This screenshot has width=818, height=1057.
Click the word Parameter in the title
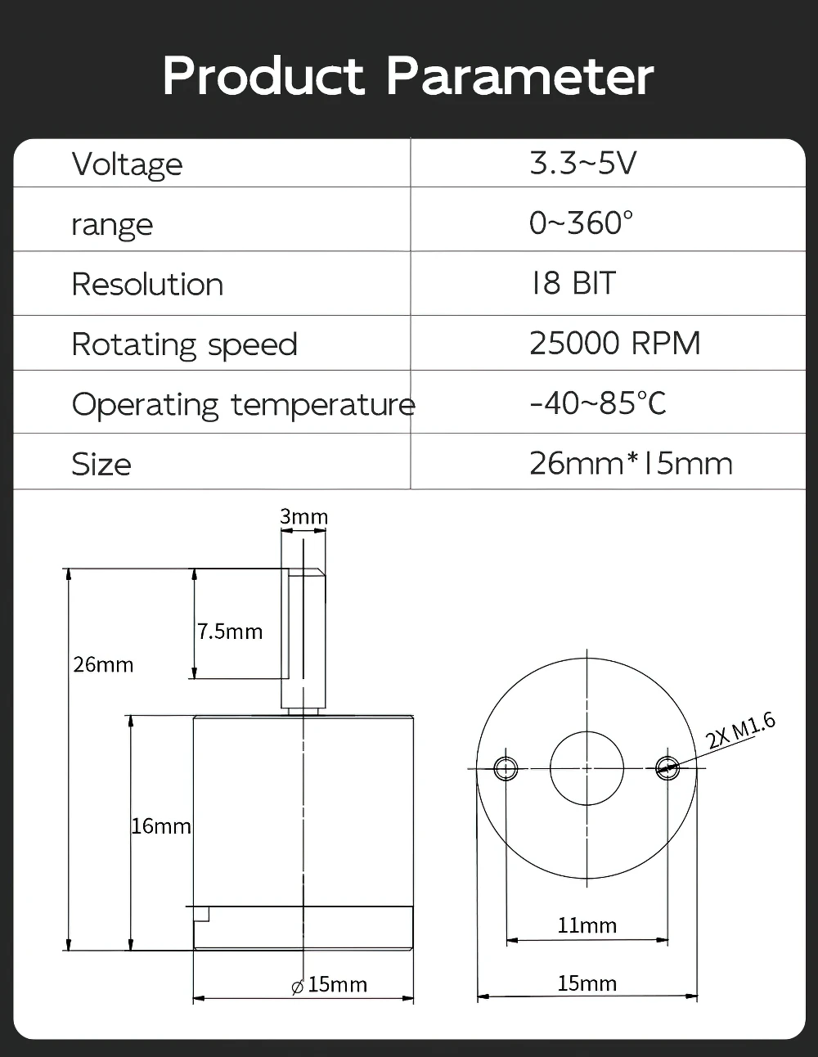(520, 75)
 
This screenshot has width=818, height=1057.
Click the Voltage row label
(127, 164)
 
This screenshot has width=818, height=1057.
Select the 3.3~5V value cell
(582, 163)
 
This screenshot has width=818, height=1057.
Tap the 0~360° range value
(581, 223)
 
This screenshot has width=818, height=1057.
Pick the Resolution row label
(147, 284)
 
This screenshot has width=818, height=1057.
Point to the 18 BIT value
(573, 282)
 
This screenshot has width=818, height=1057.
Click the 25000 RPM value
(614, 343)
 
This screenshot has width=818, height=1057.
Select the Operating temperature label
(243, 404)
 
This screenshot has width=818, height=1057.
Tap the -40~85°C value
(598, 403)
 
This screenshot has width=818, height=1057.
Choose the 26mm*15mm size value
(631, 464)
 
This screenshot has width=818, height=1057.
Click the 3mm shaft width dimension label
(304, 516)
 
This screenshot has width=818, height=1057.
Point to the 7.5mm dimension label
(230, 632)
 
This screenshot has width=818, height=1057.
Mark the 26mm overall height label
(103, 665)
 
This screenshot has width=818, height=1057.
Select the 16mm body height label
(161, 826)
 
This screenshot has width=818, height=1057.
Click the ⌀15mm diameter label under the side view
(329, 984)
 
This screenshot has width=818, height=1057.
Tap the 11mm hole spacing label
(587, 925)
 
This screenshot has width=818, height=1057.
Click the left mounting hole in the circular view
(506, 768)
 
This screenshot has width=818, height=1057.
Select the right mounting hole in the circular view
(667, 768)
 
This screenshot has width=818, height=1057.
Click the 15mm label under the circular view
(587, 983)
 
